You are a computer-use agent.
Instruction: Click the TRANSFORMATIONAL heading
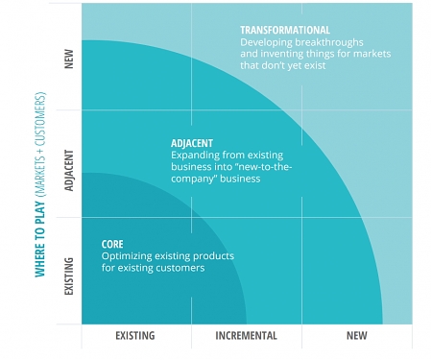tap(285, 31)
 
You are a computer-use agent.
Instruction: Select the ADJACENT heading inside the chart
tap(192, 143)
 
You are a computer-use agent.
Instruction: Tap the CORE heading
tap(112, 245)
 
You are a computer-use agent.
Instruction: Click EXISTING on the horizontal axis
tap(135, 336)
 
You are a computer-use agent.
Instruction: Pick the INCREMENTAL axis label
tap(246, 336)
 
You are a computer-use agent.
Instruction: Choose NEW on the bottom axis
tap(356, 336)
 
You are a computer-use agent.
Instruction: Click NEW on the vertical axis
tap(68, 59)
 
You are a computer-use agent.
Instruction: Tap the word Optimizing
tap(129, 256)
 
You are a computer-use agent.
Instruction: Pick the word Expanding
tap(196, 155)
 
